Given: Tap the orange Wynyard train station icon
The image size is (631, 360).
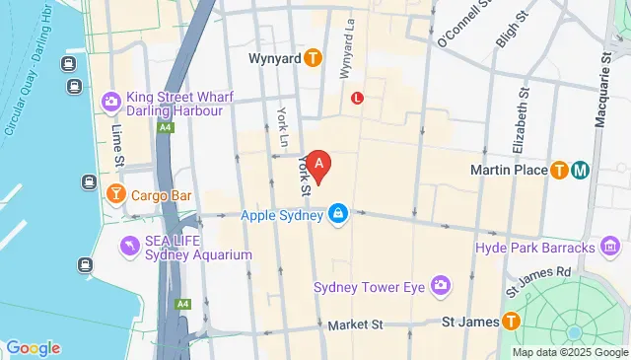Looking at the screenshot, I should click(x=313, y=58).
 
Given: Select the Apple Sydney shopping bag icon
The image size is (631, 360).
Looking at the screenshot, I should click(x=338, y=214).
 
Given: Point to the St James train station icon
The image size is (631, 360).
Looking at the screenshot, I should click(x=511, y=321).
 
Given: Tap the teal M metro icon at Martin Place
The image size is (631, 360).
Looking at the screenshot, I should click(x=581, y=170).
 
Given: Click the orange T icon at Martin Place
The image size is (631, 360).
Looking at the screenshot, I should click(x=560, y=170).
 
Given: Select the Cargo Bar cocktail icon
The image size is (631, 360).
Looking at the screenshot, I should click(x=115, y=195).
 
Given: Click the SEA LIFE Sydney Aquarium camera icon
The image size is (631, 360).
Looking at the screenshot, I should click(x=128, y=245).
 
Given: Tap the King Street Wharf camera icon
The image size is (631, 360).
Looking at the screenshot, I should click(x=109, y=100).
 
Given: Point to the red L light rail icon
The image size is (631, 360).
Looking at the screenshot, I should click(x=357, y=99).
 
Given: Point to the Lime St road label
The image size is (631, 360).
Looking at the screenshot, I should click(x=117, y=144).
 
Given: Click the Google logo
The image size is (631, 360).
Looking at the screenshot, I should click(x=33, y=347).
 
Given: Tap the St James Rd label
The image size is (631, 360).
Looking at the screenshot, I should click(x=537, y=279).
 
